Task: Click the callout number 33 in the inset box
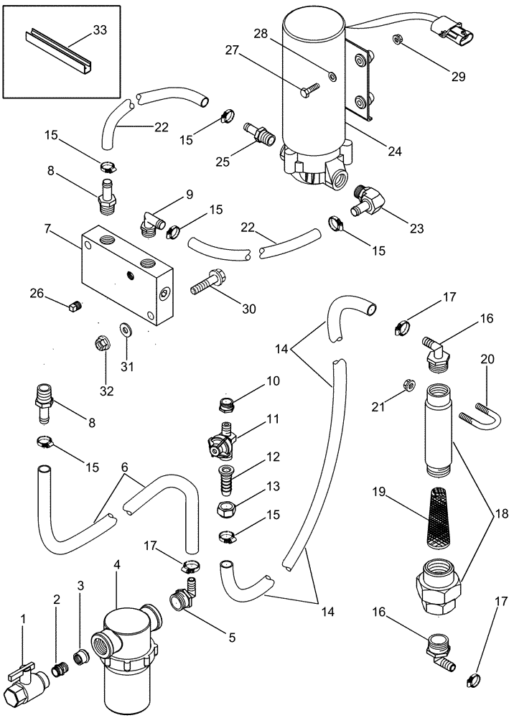tap(100, 29)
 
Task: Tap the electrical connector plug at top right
tap(455, 32)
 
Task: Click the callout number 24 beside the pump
tap(395, 151)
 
